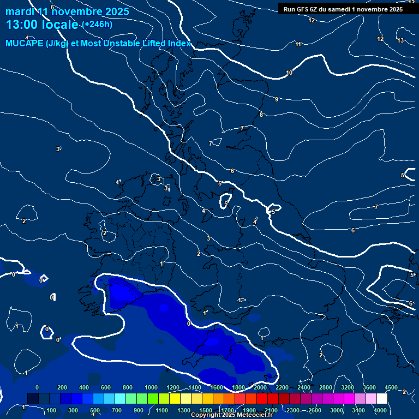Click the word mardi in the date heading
tap(20, 11)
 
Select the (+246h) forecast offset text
tap(97, 24)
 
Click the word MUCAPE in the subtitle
tap(26, 44)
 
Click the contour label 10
tap(289, 73)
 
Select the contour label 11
tap(298, 44)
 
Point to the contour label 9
tap(277, 99)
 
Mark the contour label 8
tap(261, 115)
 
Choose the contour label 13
tap(400, 40)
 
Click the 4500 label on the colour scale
tap(391, 387)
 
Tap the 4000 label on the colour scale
tap(381, 410)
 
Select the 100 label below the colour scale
tap(52, 410)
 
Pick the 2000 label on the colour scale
tap(260, 387)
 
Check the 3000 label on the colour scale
tap(337, 410)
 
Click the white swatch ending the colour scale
tap(382, 399)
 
